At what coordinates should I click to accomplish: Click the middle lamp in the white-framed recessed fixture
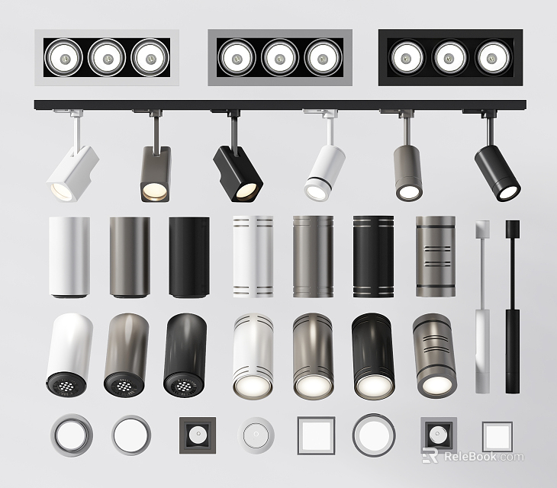point(107,56)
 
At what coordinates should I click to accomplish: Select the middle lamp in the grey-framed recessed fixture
point(280,56)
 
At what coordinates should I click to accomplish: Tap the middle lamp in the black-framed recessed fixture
point(449,56)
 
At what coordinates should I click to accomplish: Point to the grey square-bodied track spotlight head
point(156,175)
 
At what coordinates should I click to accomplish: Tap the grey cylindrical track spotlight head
point(408,173)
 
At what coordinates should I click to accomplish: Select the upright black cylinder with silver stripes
point(372,256)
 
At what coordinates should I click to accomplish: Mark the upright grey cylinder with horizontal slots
point(434,256)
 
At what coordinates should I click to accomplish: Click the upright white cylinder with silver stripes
point(252,256)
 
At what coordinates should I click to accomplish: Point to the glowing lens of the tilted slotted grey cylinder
point(433,385)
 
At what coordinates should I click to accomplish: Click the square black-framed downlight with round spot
point(194,435)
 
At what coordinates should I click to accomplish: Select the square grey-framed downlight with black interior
point(438,435)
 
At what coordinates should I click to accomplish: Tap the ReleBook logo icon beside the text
point(430,457)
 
